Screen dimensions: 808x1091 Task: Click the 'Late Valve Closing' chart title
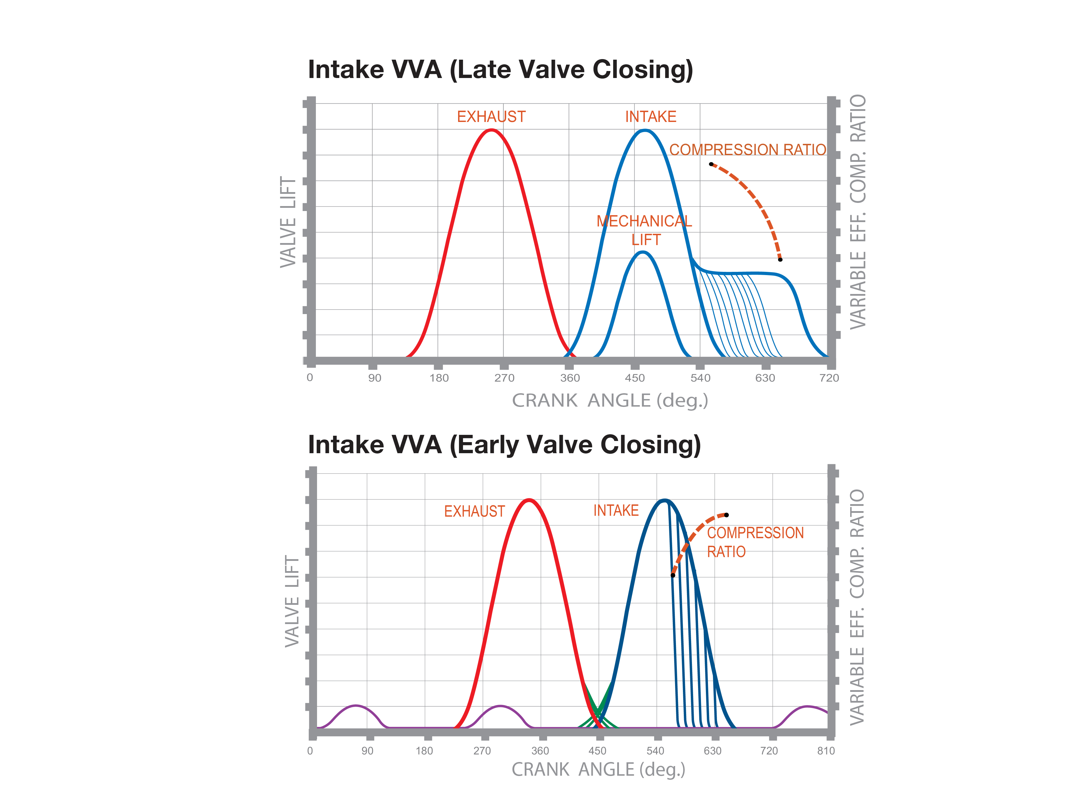500,70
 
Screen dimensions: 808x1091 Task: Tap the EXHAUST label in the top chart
491,117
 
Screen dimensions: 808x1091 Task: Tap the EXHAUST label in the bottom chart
474,512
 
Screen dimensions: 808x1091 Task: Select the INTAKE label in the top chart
651,117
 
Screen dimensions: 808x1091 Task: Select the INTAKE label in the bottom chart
616,511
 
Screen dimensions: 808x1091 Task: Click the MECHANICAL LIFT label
644,230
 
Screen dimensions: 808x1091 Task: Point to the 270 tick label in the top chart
504,378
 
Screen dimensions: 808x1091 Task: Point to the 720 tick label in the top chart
829,378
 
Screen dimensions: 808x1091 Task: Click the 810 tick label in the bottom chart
825,751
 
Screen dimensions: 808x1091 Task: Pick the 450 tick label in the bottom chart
597,751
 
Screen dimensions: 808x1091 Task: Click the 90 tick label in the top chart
374,378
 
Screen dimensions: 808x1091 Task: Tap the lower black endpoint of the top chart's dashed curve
780,259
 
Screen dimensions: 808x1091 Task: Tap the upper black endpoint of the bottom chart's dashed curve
726,515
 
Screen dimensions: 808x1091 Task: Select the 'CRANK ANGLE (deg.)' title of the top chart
610,401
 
